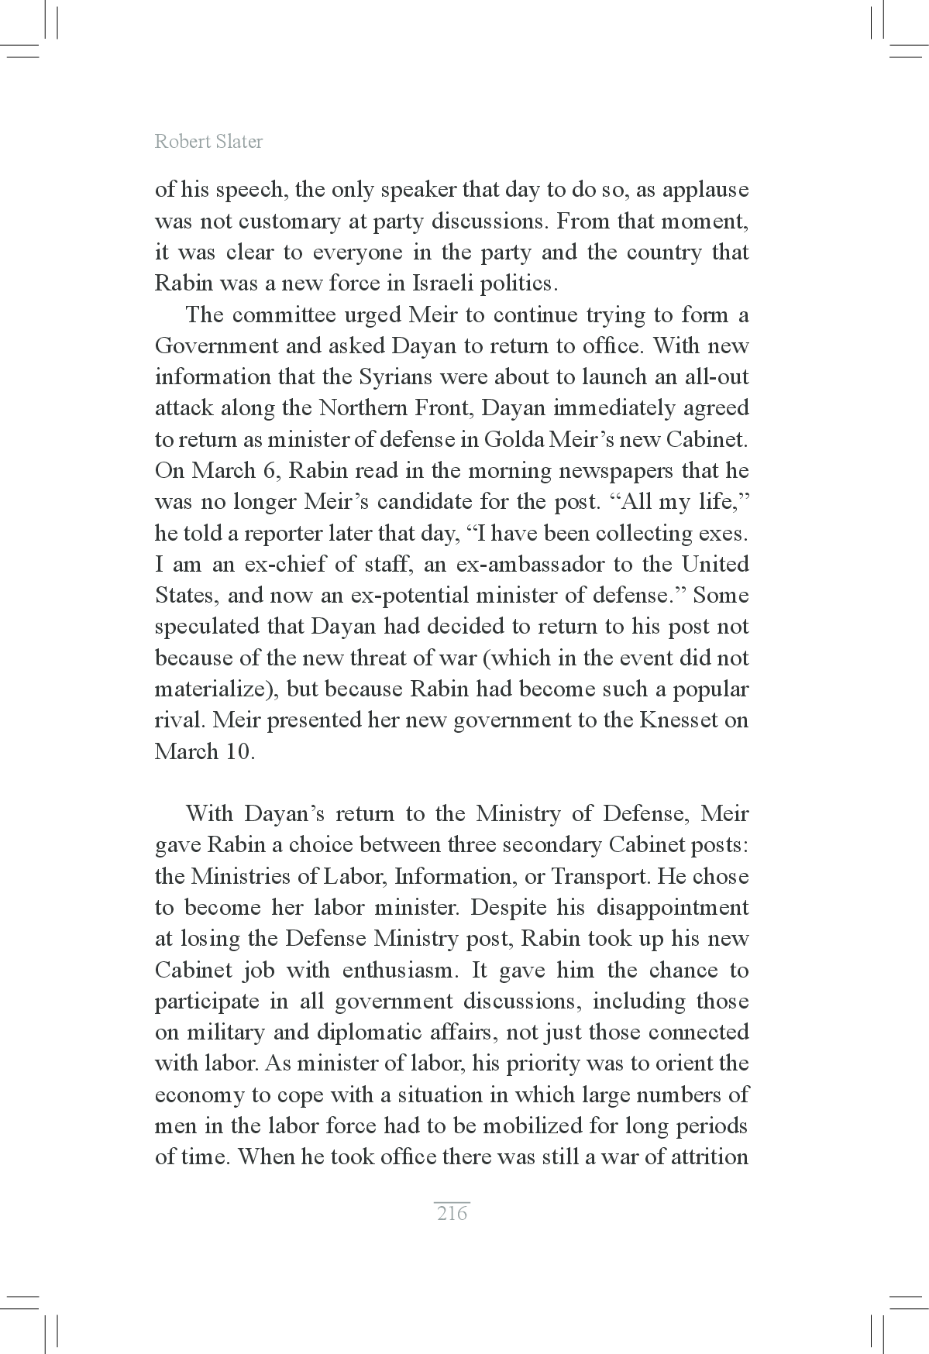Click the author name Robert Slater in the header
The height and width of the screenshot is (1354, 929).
(208, 142)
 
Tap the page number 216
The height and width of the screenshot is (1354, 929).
(452, 1213)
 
